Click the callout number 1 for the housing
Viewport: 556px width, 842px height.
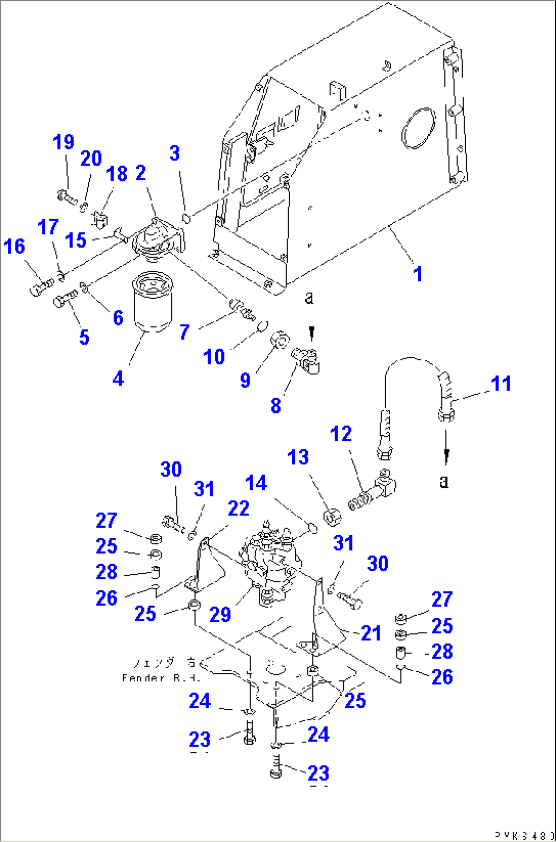point(418,274)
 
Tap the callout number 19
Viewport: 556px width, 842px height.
point(64,142)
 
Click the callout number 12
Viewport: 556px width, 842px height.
point(341,434)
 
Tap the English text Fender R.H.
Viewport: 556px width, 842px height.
point(161,678)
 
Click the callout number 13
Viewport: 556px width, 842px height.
point(298,457)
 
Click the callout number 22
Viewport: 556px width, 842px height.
point(238,508)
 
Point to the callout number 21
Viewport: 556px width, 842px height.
point(371,633)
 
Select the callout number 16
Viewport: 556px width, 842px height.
point(14,246)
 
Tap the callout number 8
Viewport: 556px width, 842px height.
point(275,406)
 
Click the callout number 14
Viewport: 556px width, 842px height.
point(256,483)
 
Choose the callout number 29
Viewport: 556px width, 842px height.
point(220,615)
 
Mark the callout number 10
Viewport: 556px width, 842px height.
point(214,357)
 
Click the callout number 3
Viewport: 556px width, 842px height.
point(174,153)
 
